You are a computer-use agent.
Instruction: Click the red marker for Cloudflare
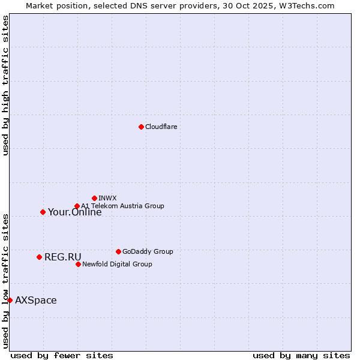141,127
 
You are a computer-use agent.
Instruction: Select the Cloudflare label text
161,127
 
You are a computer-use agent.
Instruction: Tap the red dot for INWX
94,198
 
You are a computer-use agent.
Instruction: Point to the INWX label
107,198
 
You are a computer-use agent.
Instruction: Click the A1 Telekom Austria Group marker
77,206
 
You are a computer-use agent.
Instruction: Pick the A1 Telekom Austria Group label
122,206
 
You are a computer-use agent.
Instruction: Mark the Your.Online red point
43,212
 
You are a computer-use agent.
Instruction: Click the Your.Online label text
74,212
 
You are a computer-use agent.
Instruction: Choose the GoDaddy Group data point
118,251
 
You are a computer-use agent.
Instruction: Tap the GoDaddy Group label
148,252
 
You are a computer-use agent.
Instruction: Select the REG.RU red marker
39,257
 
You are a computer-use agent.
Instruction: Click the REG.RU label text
62,257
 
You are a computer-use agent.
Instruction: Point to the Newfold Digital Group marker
78,264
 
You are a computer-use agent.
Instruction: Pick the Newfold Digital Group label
117,265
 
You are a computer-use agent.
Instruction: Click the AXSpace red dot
10,300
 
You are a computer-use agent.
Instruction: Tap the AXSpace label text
35,301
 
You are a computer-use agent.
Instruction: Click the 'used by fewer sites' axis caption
62,356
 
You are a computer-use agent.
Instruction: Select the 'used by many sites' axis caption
301,356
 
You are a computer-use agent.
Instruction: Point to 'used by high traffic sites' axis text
6,85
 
